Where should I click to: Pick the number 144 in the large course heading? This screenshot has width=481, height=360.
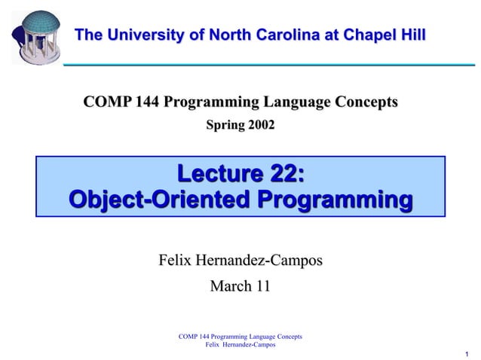[147, 102]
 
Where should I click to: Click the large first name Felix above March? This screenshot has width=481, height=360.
[175, 261]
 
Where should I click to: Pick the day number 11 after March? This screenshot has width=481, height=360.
[262, 286]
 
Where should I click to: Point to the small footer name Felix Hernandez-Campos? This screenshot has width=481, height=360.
[240, 344]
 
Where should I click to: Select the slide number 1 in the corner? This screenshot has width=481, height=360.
[467, 354]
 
